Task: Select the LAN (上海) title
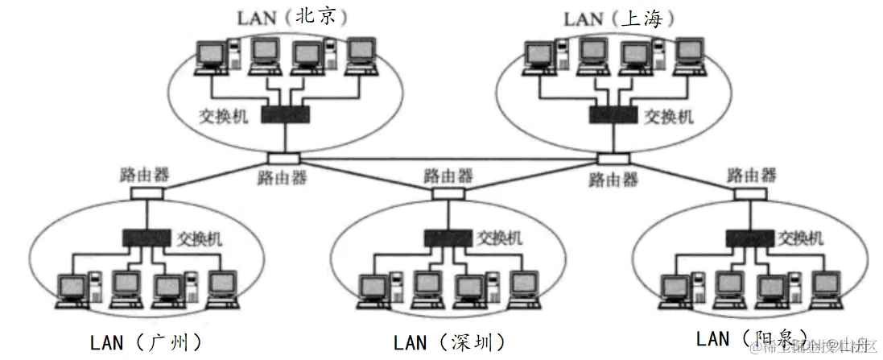(x=617, y=18)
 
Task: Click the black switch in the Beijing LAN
(x=284, y=115)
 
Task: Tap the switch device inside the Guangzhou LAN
(x=147, y=238)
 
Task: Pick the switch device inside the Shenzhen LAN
(x=449, y=238)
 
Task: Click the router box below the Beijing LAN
(x=284, y=158)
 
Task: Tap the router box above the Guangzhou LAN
(x=147, y=193)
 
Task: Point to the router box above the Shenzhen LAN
(x=449, y=193)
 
